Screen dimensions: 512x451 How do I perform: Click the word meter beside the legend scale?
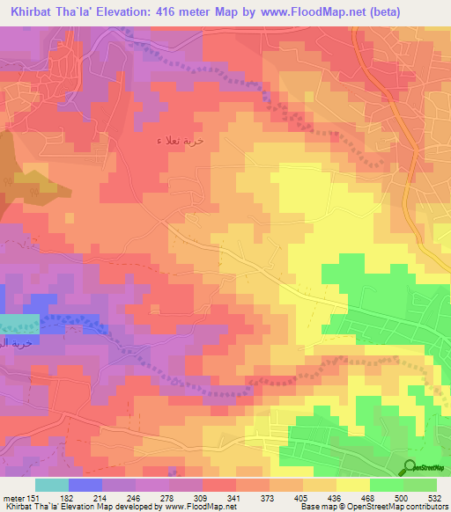click(14, 497)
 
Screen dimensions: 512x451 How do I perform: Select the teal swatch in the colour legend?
click(52, 485)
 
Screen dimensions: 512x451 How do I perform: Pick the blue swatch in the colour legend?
click(85, 485)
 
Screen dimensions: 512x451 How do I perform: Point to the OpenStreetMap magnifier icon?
click(411, 467)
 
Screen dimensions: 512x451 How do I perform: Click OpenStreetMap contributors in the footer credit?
click(402, 507)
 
